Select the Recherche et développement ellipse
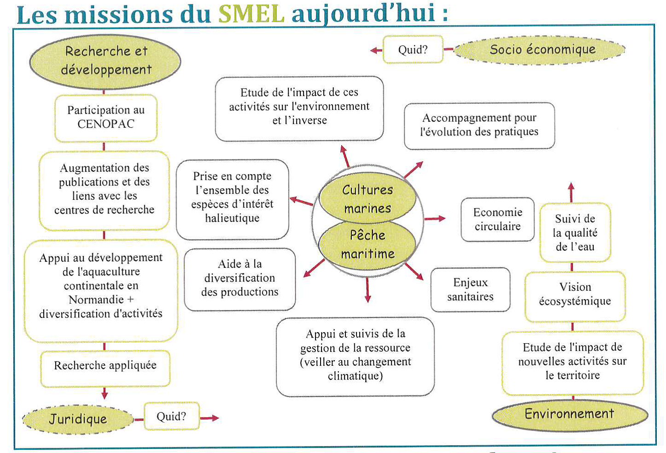pyautogui.click(x=105, y=62)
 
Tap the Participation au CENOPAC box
pyautogui.click(x=106, y=118)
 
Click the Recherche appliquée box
pyautogui.click(x=105, y=368)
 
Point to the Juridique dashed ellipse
pyautogui.click(x=78, y=419)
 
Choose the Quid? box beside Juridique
pyautogui.click(x=172, y=416)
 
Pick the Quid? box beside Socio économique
pyautogui.click(x=413, y=49)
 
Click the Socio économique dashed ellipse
pyautogui.click(x=540, y=50)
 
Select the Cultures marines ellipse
pyautogui.click(x=367, y=198)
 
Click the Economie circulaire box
pyautogui.click(x=497, y=219)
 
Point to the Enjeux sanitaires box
pyautogui.click(x=471, y=289)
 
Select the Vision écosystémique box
pyautogui.click(x=575, y=296)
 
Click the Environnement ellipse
pyautogui.click(x=570, y=415)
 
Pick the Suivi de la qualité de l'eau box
pyautogui.click(x=575, y=232)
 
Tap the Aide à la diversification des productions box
pyautogui.click(x=240, y=279)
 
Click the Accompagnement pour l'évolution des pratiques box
pyautogui.click(x=479, y=125)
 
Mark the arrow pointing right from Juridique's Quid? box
pyautogui.click(x=209, y=418)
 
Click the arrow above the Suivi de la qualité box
pyautogui.click(x=571, y=193)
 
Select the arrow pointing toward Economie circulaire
pyautogui.click(x=435, y=219)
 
